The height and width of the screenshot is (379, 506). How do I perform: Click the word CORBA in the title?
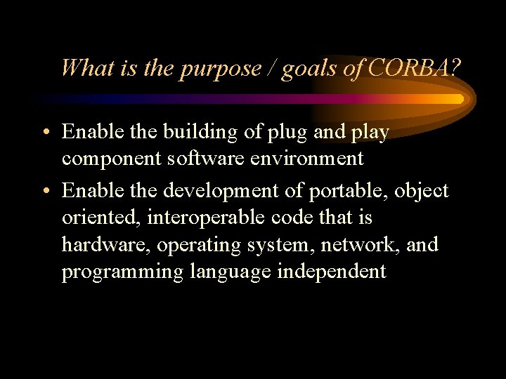coord(411,68)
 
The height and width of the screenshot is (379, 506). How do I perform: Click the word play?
coord(367,133)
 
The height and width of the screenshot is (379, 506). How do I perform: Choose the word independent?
coord(332,272)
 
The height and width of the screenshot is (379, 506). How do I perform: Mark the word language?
coord(230,272)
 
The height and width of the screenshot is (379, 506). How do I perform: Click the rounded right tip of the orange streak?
coord(460,99)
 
